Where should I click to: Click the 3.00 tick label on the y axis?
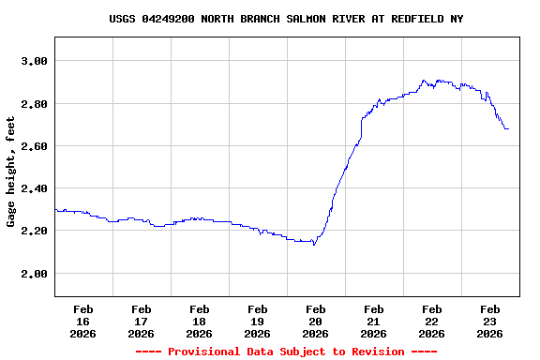[34, 61]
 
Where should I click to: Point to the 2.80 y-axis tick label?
[34, 103]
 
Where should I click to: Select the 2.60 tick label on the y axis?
[34, 146]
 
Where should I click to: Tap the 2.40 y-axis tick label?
[34, 188]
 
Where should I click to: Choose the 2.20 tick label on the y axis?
[34, 231]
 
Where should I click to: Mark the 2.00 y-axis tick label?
[34, 274]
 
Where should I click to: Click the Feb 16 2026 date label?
[83, 321]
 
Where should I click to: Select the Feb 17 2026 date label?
[142, 321]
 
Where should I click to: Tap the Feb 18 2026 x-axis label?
[200, 321]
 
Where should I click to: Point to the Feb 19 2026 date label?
[258, 321]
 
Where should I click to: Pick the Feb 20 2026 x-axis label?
[316, 321]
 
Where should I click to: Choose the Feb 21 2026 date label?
[374, 321]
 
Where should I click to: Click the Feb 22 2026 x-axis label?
[432, 321]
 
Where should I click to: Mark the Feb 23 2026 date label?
[490, 321]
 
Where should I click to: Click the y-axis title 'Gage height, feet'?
[11, 172]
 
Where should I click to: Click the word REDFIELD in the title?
[398, 19]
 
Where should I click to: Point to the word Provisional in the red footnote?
[205, 352]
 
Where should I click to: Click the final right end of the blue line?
[508, 128]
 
